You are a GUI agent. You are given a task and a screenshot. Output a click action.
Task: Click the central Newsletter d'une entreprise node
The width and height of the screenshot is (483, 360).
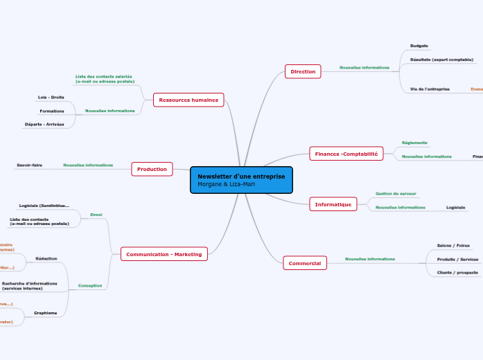pyautogui.click(x=241, y=180)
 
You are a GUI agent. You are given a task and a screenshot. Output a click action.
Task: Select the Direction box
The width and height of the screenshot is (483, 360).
pyautogui.click(x=303, y=71)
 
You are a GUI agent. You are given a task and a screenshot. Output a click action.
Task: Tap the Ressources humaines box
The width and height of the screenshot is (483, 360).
pyautogui.click(x=188, y=100)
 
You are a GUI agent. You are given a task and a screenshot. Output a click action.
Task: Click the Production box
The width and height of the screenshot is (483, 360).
pyautogui.click(x=152, y=169)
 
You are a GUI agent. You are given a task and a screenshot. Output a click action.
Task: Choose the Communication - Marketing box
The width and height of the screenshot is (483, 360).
pyautogui.click(x=164, y=255)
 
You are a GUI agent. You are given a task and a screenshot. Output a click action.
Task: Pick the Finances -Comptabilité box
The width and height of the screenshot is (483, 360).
pyautogui.click(x=346, y=154)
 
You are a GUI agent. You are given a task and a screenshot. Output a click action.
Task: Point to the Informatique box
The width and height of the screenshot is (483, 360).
pyautogui.click(x=333, y=204)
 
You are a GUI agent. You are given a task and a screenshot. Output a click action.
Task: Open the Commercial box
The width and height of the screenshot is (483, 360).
pyautogui.click(x=305, y=263)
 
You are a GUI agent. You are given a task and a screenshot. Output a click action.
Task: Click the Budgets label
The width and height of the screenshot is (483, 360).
pyautogui.click(x=419, y=46)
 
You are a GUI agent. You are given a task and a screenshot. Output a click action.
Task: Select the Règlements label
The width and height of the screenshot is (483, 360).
pyautogui.click(x=415, y=143)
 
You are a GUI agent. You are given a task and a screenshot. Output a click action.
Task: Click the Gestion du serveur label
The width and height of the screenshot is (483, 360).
pyautogui.click(x=396, y=194)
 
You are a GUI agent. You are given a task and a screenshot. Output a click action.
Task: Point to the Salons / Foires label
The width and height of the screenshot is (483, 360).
pyautogui.click(x=453, y=245)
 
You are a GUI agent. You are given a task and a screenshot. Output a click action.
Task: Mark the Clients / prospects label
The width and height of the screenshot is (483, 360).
pyautogui.click(x=457, y=273)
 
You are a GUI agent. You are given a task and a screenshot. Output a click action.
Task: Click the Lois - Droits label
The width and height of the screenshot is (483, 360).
pyautogui.click(x=51, y=98)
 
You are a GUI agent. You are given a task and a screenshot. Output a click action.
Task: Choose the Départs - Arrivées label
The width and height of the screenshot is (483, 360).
pyautogui.click(x=44, y=124)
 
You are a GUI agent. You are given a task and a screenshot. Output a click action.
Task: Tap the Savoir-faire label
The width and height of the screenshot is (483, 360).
pyautogui.click(x=30, y=165)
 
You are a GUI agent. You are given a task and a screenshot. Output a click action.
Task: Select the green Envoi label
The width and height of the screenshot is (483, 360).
pyautogui.click(x=96, y=215)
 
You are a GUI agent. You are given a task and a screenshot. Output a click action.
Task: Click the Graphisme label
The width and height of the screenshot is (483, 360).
pyautogui.click(x=46, y=313)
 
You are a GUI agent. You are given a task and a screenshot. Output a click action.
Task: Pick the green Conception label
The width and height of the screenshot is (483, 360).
pyautogui.click(x=90, y=285)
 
